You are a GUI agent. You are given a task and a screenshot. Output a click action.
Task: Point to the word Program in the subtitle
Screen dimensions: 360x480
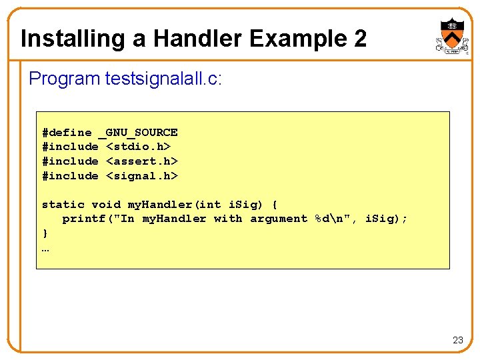tap(64, 79)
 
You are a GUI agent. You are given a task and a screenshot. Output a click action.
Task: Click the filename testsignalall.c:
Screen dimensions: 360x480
tap(163, 79)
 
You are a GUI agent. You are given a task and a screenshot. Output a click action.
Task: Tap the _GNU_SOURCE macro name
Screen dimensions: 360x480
tap(138, 132)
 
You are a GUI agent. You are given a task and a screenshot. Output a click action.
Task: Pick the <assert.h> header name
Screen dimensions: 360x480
tap(142, 161)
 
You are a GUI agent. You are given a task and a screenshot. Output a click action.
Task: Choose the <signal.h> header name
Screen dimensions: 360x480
tap(142, 175)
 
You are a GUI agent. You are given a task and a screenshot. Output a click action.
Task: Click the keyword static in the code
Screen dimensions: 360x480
tap(63, 204)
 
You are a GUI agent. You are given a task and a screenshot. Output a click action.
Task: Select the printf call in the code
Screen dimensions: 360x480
tap(84, 219)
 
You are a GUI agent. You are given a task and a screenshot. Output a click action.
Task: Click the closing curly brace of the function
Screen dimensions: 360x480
tap(45, 233)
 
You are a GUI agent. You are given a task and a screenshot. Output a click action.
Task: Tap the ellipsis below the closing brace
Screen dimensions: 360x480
tap(45, 249)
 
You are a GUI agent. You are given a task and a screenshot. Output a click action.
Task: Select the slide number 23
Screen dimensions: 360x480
tap(457, 340)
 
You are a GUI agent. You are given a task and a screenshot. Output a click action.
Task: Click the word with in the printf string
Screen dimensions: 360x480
tap(228, 219)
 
